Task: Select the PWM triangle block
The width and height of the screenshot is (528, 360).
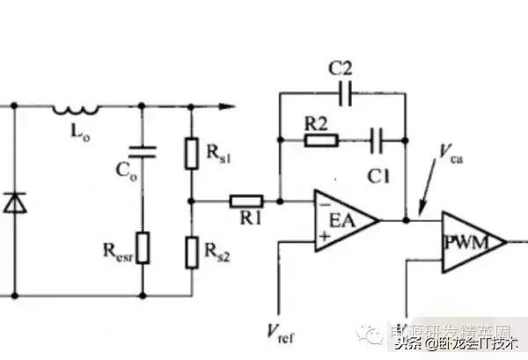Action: [x=472, y=240]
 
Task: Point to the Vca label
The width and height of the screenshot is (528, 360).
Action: [x=451, y=154]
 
